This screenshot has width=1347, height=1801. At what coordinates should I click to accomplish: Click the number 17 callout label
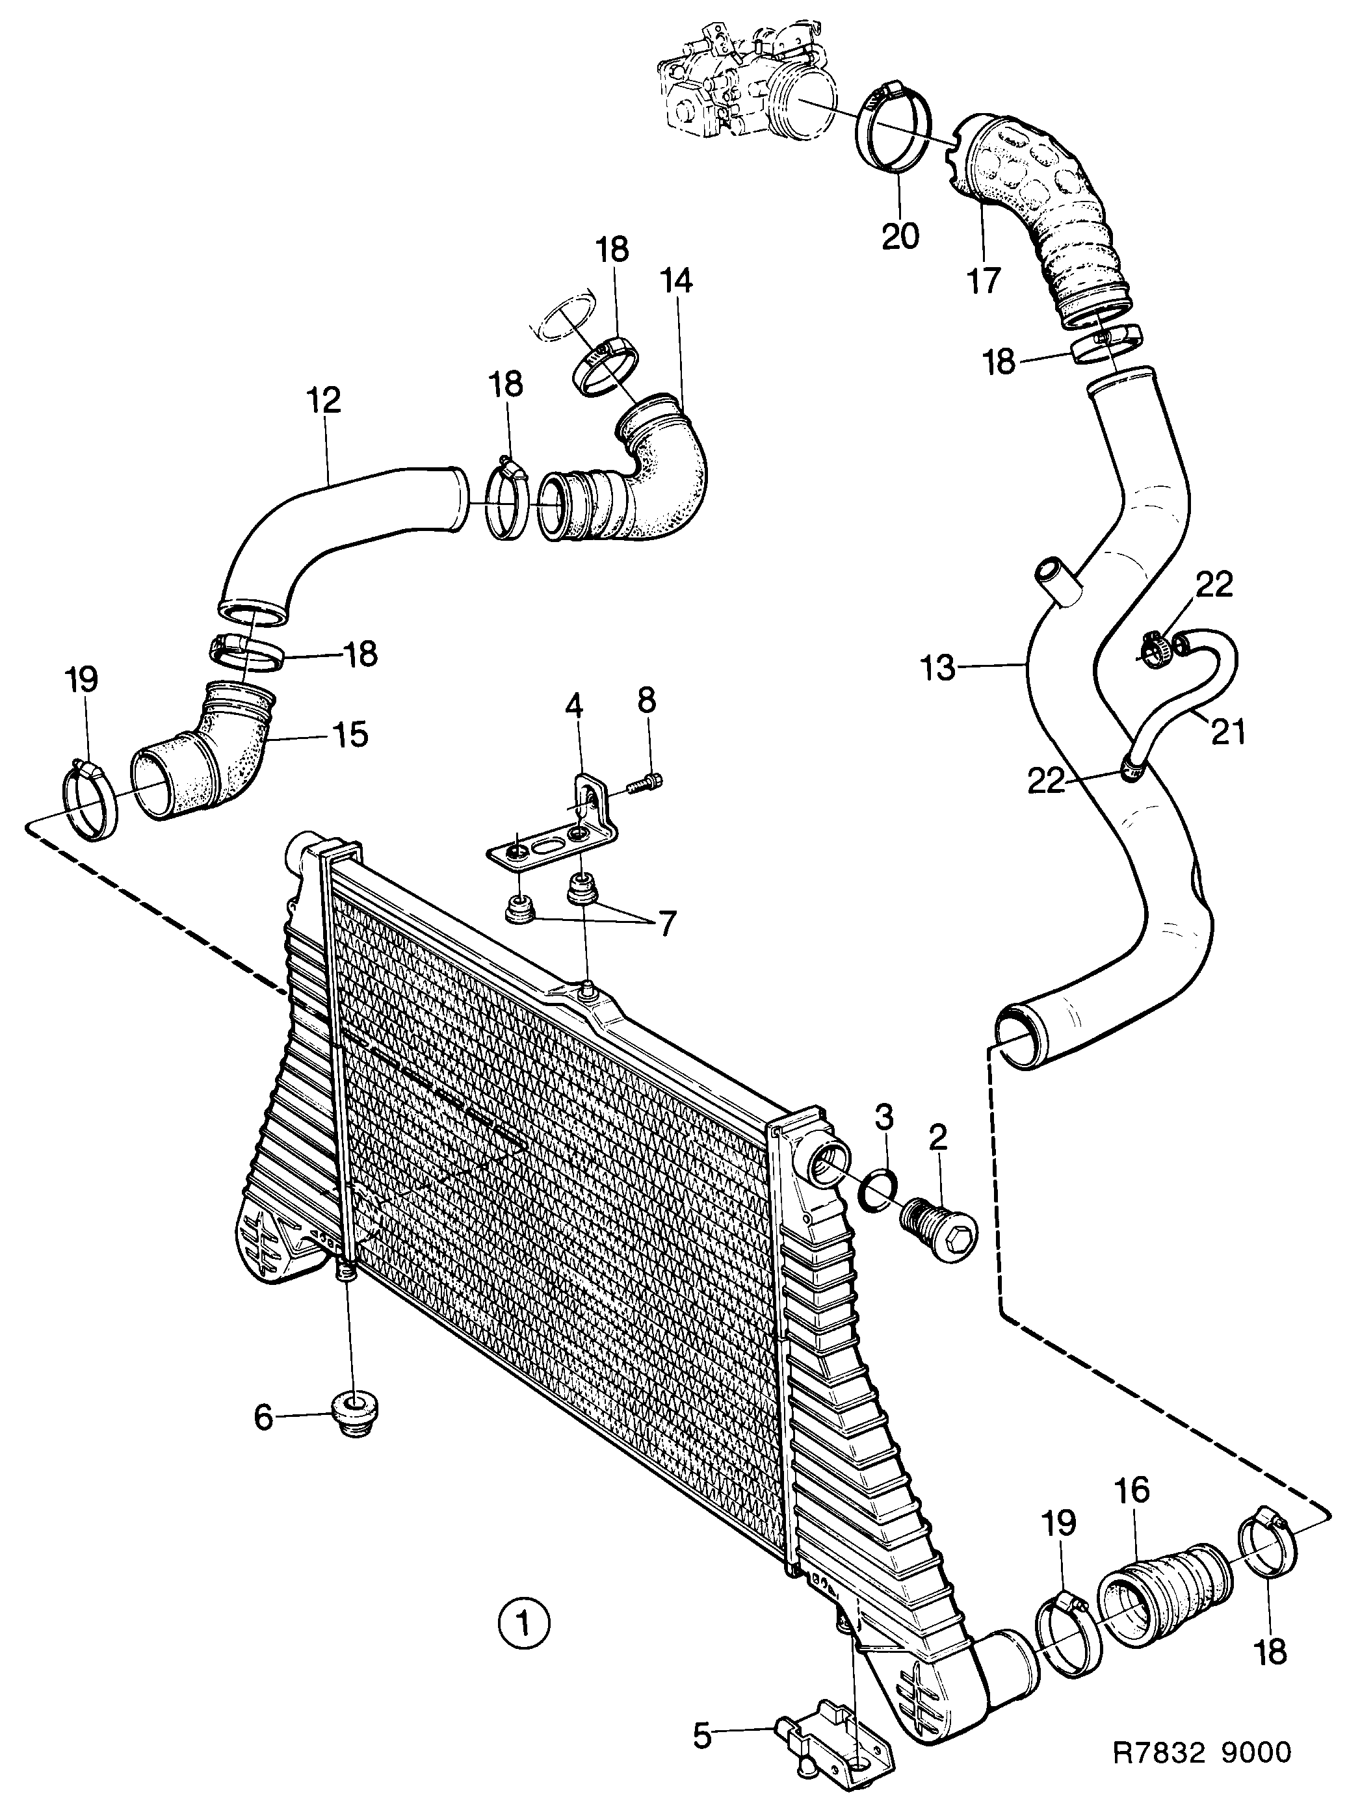pos(983,281)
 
